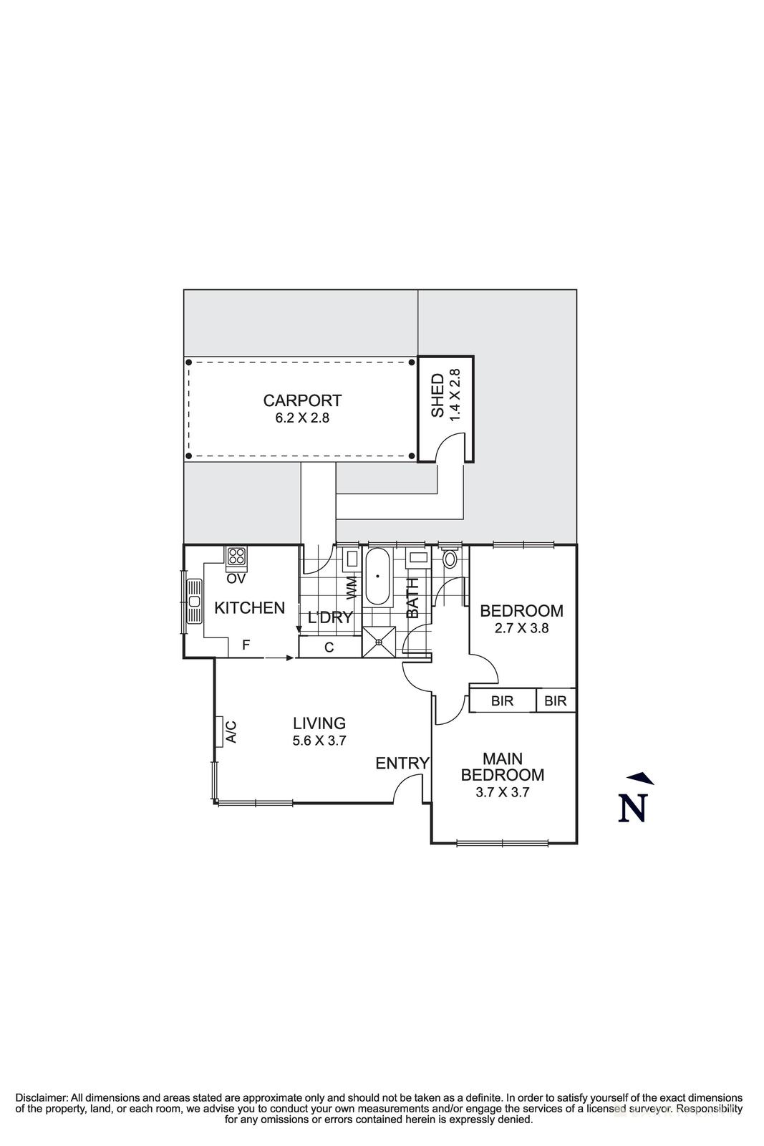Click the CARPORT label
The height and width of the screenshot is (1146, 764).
(302, 400)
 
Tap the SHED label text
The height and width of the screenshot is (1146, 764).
(437, 395)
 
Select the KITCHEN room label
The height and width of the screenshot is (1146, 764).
(250, 608)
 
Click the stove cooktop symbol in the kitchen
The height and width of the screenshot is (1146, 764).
(236, 556)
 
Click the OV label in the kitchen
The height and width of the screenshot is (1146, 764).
(236, 578)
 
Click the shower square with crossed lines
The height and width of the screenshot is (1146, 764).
(378, 642)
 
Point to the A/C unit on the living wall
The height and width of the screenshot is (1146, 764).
(221, 731)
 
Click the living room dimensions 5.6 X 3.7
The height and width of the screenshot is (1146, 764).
(319, 741)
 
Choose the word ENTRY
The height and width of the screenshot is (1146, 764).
(402, 764)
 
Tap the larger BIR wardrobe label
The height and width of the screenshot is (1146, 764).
(503, 701)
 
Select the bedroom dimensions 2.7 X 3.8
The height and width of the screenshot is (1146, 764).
(521, 628)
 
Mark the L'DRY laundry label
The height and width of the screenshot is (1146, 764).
(330, 617)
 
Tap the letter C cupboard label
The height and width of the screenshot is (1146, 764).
(329, 648)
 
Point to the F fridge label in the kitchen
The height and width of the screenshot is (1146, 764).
(246, 645)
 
